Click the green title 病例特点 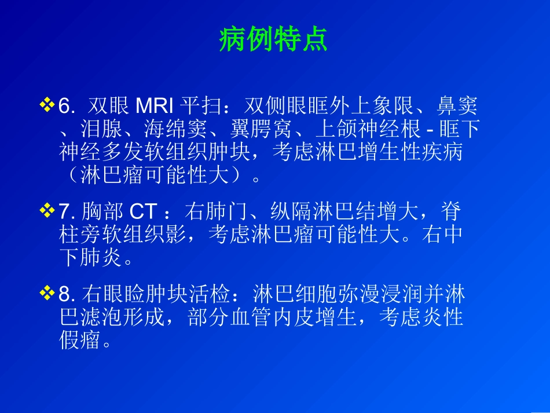tap(273, 39)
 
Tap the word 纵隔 tap(292, 212)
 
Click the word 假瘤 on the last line tap(80, 340)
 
